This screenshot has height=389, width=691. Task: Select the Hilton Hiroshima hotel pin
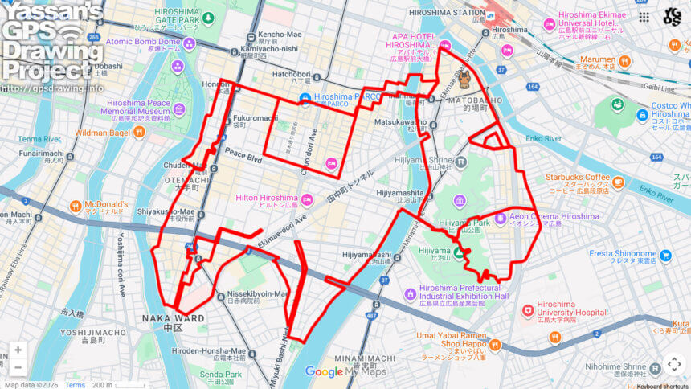point(306,199)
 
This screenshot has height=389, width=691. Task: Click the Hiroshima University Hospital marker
point(527,309)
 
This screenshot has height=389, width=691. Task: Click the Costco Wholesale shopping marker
point(642,116)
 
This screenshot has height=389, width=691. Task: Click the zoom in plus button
point(18,350)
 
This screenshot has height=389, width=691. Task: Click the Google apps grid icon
point(644,16)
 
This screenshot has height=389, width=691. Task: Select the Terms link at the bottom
point(75,385)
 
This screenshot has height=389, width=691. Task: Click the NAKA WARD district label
point(172,318)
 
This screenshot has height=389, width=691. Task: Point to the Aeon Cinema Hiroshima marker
point(501,216)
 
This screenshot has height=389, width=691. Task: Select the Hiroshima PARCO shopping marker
point(305,99)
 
